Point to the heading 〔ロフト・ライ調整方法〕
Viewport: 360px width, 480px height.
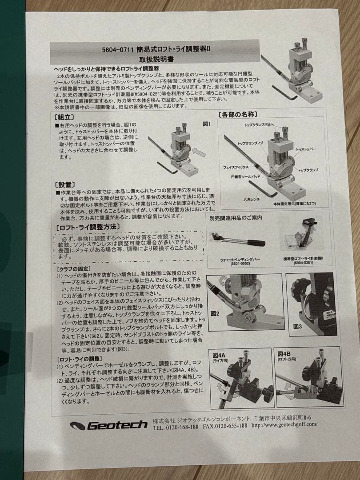(87, 227)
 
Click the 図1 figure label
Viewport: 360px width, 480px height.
(207, 124)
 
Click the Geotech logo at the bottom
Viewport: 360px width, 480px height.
(108, 425)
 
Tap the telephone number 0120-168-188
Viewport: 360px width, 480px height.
(181, 425)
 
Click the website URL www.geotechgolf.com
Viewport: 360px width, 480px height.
(284, 424)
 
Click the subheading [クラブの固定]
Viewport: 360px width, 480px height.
(73, 269)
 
